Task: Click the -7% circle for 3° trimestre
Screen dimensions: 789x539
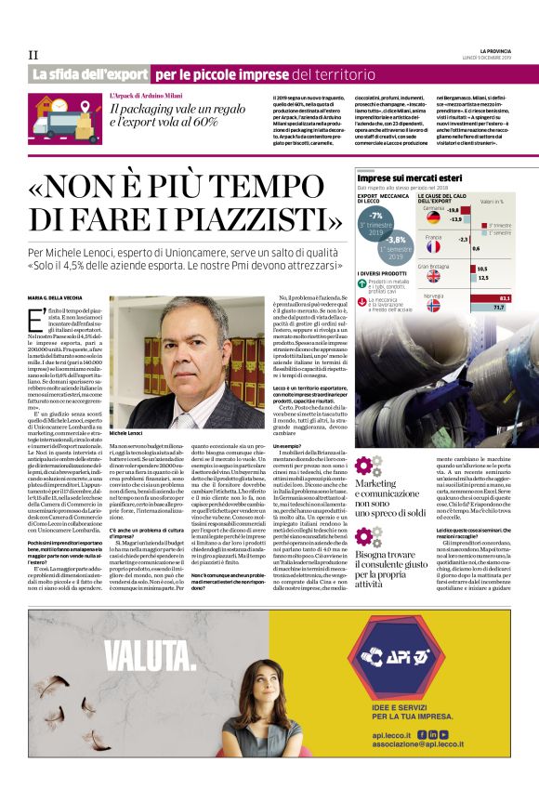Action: [375, 221]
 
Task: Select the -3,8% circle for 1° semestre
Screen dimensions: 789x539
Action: [396, 246]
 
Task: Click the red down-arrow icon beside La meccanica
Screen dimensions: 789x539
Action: [362, 301]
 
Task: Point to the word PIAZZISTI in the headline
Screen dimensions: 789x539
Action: [250, 219]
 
